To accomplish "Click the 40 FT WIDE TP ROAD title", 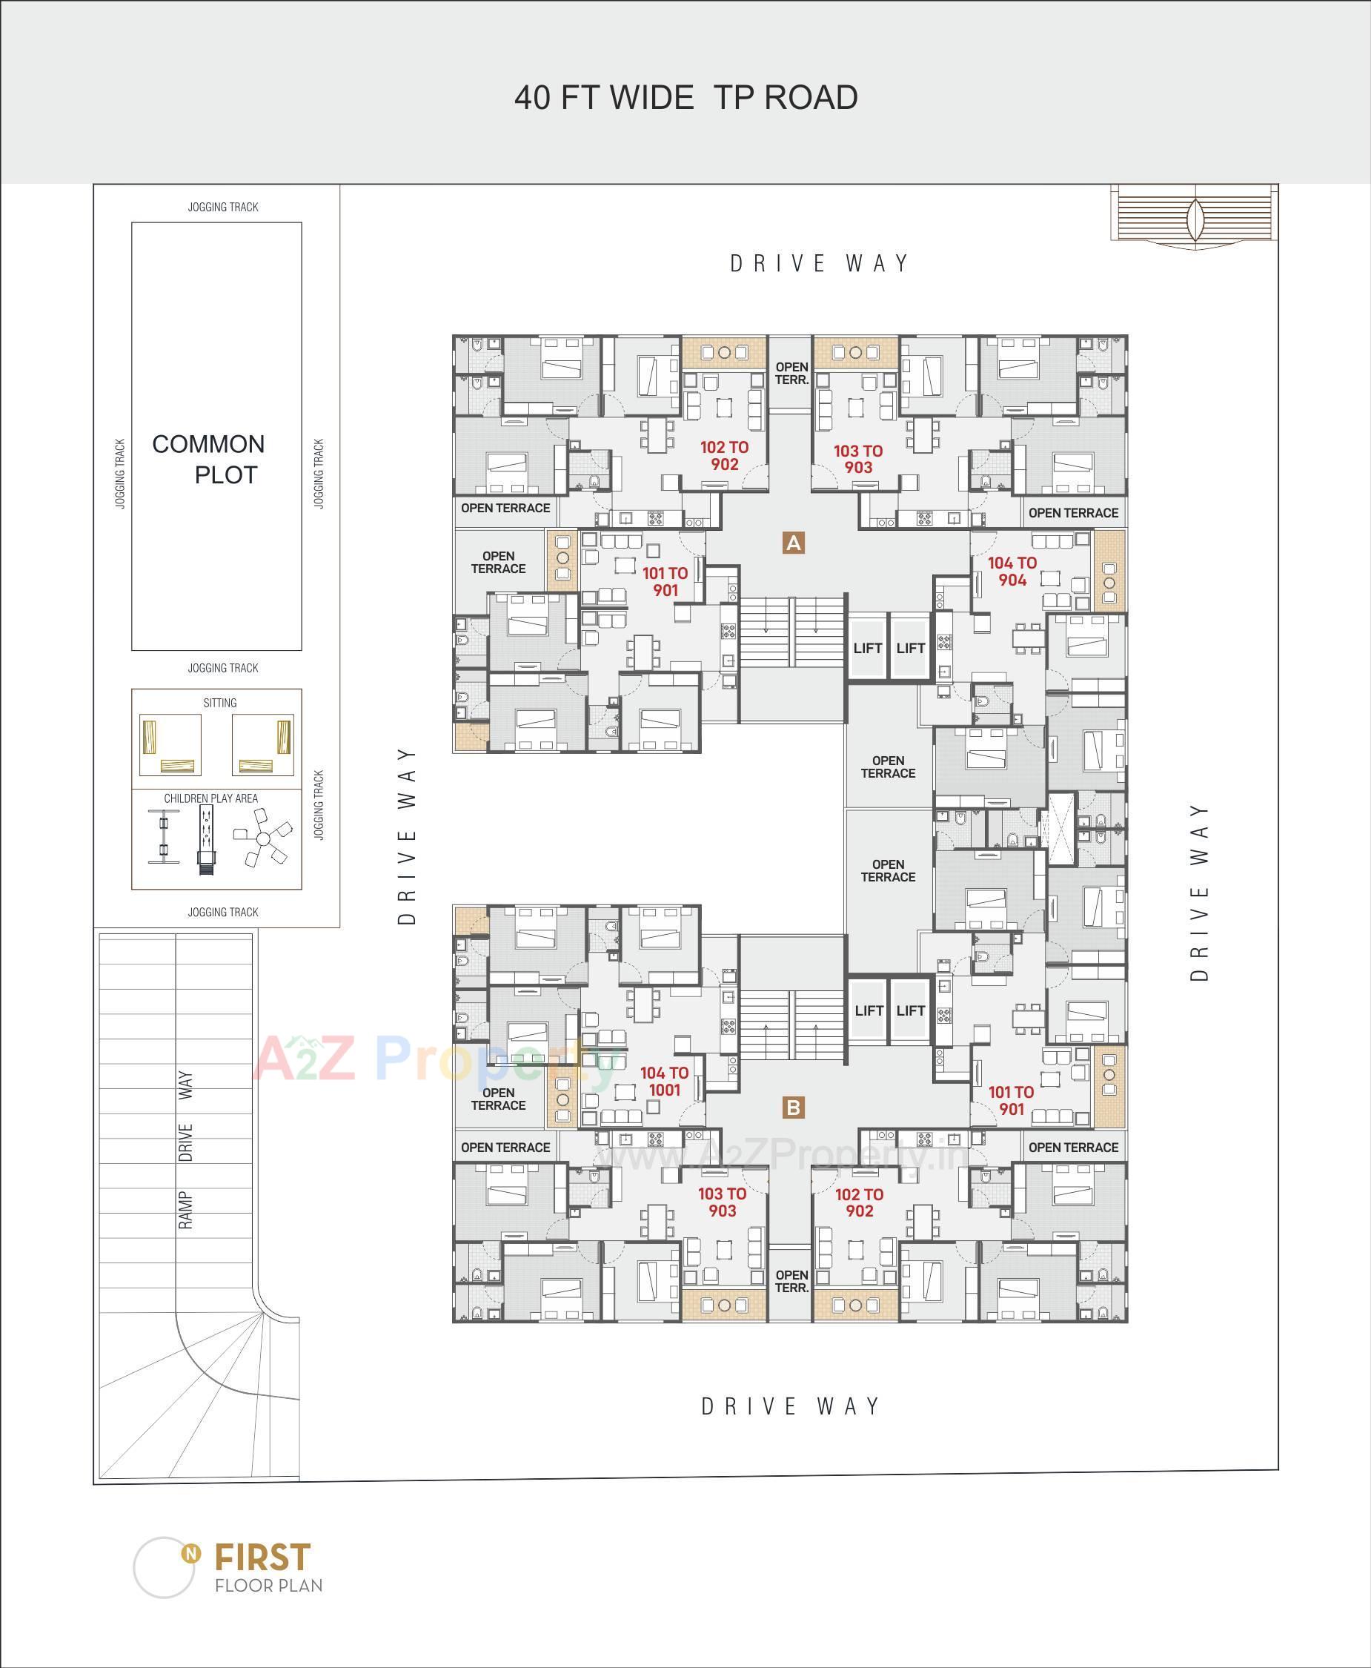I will click(685, 98).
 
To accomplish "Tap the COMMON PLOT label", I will click(208, 459).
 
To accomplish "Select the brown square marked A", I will click(793, 543).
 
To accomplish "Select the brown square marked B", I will click(793, 1107).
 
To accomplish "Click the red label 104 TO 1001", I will click(664, 1081).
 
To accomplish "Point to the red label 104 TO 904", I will click(1012, 572).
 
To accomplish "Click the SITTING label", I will click(219, 703).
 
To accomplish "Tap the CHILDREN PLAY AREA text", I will click(211, 798).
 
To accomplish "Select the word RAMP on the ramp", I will click(186, 1210).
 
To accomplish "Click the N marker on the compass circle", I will click(190, 1553).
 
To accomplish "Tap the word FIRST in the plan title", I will click(263, 1557).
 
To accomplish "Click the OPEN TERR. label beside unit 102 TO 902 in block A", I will click(791, 374).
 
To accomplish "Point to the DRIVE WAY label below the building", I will click(791, 1406).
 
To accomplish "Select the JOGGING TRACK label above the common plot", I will click(223, 207).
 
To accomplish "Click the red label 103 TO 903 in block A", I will click(857, 459).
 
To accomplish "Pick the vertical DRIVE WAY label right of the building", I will click(1199, 893).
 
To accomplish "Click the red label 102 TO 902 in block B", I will click(858, 1202).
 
